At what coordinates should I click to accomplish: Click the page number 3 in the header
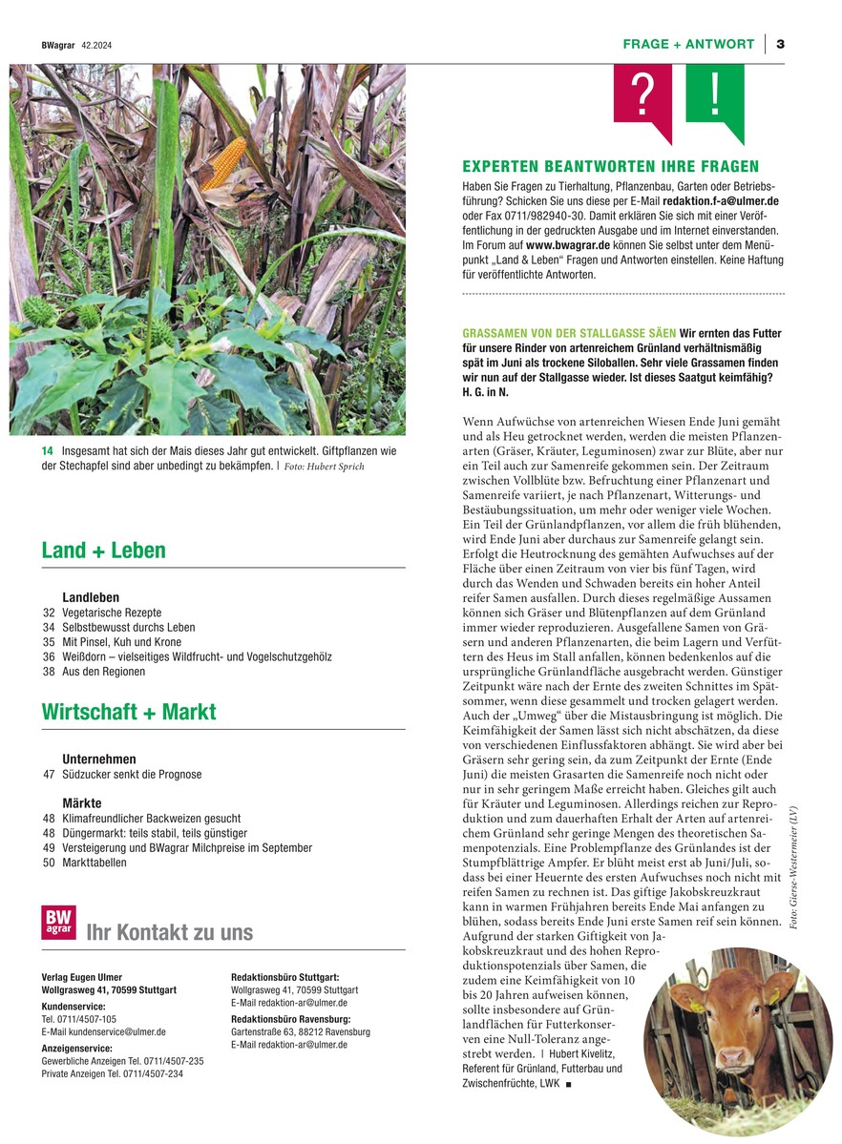click(780, 44)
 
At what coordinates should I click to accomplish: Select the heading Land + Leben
click(103, 551)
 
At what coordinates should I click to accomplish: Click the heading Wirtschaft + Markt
click(129, 712)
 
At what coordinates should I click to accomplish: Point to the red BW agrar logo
click(58, 923)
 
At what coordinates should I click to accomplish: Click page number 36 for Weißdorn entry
click(48, 656)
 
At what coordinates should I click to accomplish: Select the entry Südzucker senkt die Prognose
click(132, 775)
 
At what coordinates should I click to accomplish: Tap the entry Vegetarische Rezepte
click(112, 613)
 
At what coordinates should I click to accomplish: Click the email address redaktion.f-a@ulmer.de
click(714, 201)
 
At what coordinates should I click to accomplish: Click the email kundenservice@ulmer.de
click(104, 1031)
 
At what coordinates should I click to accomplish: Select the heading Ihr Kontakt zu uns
click(170, 932)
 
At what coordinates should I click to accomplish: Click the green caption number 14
click(47, 450)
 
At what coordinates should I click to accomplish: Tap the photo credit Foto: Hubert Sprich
click(325, 467)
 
